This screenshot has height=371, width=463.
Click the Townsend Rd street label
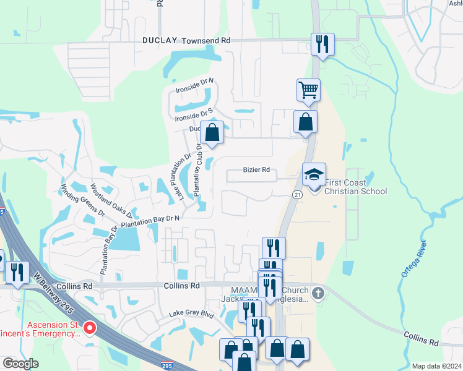(206, 40)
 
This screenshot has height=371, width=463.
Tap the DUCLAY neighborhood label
(160, 40)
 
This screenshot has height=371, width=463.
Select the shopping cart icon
(308, 90)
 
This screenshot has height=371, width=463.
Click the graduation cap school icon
(314, 174)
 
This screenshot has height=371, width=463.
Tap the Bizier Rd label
(256, 169)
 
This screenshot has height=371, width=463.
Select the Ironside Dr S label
(194, 114)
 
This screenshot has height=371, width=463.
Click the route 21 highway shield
(297, 195)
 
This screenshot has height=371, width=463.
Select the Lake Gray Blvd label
(192, 314)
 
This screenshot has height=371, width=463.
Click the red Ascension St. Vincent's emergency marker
(90, 327)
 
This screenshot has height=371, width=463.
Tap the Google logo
(20, 364)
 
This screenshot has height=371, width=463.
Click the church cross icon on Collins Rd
(318, 292)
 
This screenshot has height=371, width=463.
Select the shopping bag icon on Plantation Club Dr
(212, 132)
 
